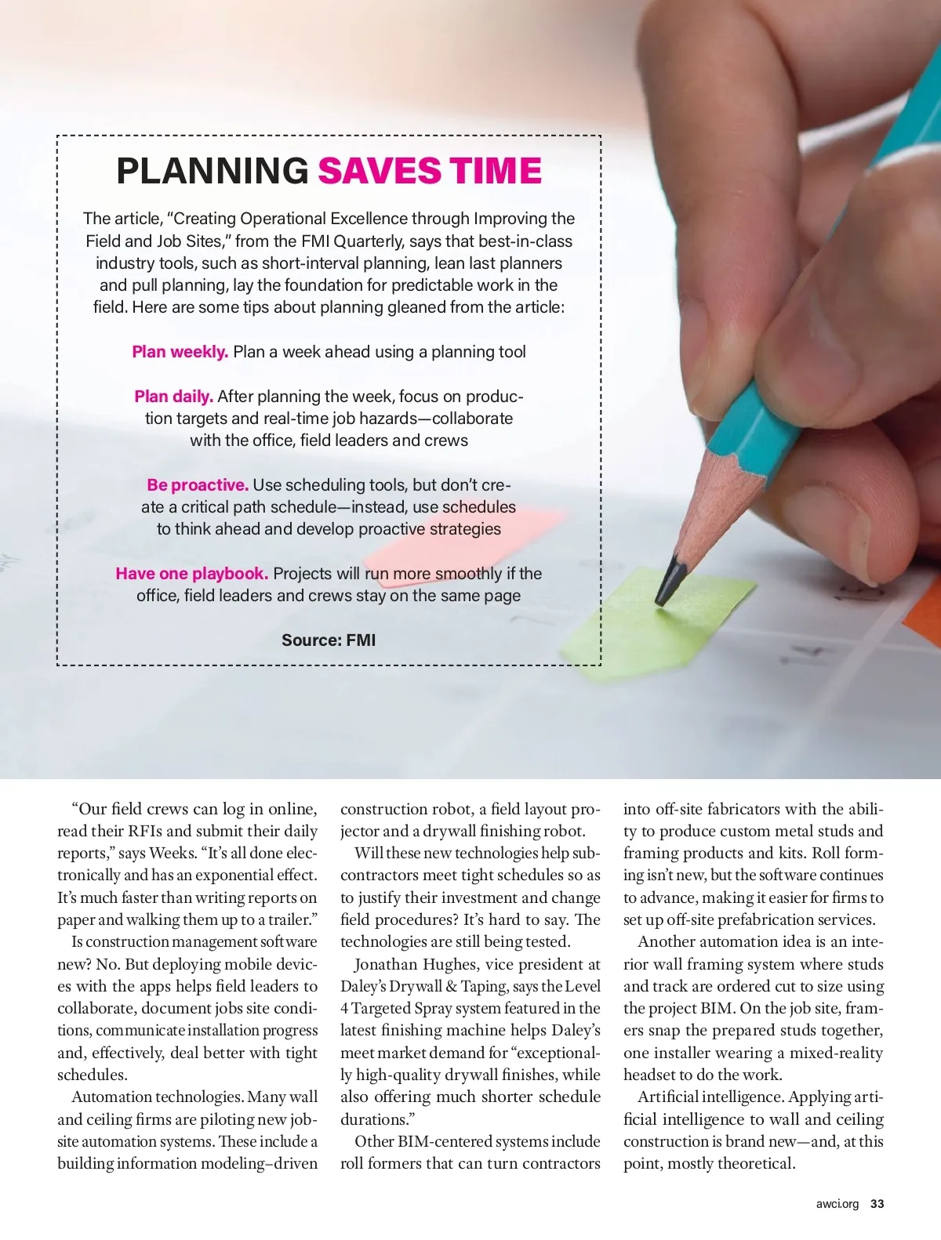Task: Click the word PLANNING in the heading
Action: tap(213, 171)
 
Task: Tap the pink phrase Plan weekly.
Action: tap(180, 352)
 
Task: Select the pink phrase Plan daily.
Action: tap(173, 397)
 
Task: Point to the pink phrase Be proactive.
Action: tap(197, 485)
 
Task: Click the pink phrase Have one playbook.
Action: tap(191, 574)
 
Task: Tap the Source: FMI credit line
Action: tap(329, 640)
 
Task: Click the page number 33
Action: tap(877, 1204)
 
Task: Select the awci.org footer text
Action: tap(837, 1204)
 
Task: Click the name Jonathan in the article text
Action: tap(385, 964)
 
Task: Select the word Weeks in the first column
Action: tap(172, 853)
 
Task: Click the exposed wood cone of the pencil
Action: tap(698, 509)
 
